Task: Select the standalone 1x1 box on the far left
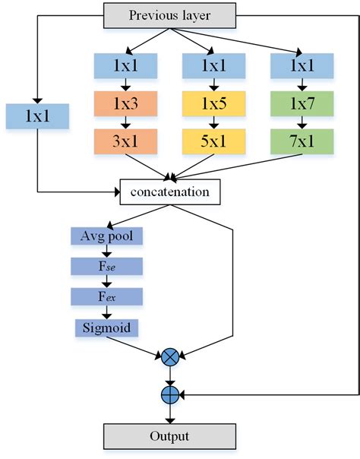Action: click(x=37, y=116)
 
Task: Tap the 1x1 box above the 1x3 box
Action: click(x=125, y=66)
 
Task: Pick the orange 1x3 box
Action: click(x=125, y=103)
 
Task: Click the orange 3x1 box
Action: click(x=125, y=141)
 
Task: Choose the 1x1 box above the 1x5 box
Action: click(x=213, y=66)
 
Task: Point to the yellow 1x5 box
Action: click(x=213, y=103)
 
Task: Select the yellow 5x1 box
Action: click(x=213, y=141)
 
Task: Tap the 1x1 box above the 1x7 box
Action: click(x=301, y=66)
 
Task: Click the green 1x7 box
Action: click(x=301, y=103)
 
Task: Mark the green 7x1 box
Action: click(x=301, y=141)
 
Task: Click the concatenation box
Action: click(x=169, y=192)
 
